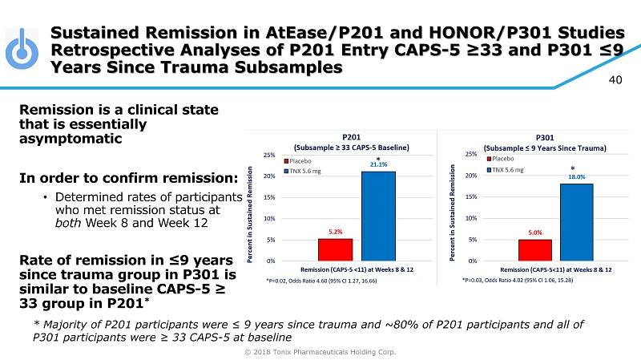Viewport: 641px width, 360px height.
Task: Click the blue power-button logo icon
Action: [x=22, y=50]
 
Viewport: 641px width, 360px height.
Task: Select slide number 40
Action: [x=616, y=79]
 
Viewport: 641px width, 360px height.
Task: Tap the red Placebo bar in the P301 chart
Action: [x=534, y=250]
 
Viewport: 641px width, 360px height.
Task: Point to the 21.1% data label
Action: [x=379, y=165]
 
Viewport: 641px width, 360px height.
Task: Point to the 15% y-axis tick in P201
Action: [x=271, y=197]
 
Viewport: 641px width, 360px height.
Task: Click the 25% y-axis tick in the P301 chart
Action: [x=471, y=155]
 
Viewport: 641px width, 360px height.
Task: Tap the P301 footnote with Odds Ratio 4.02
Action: [x=518, y=281]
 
